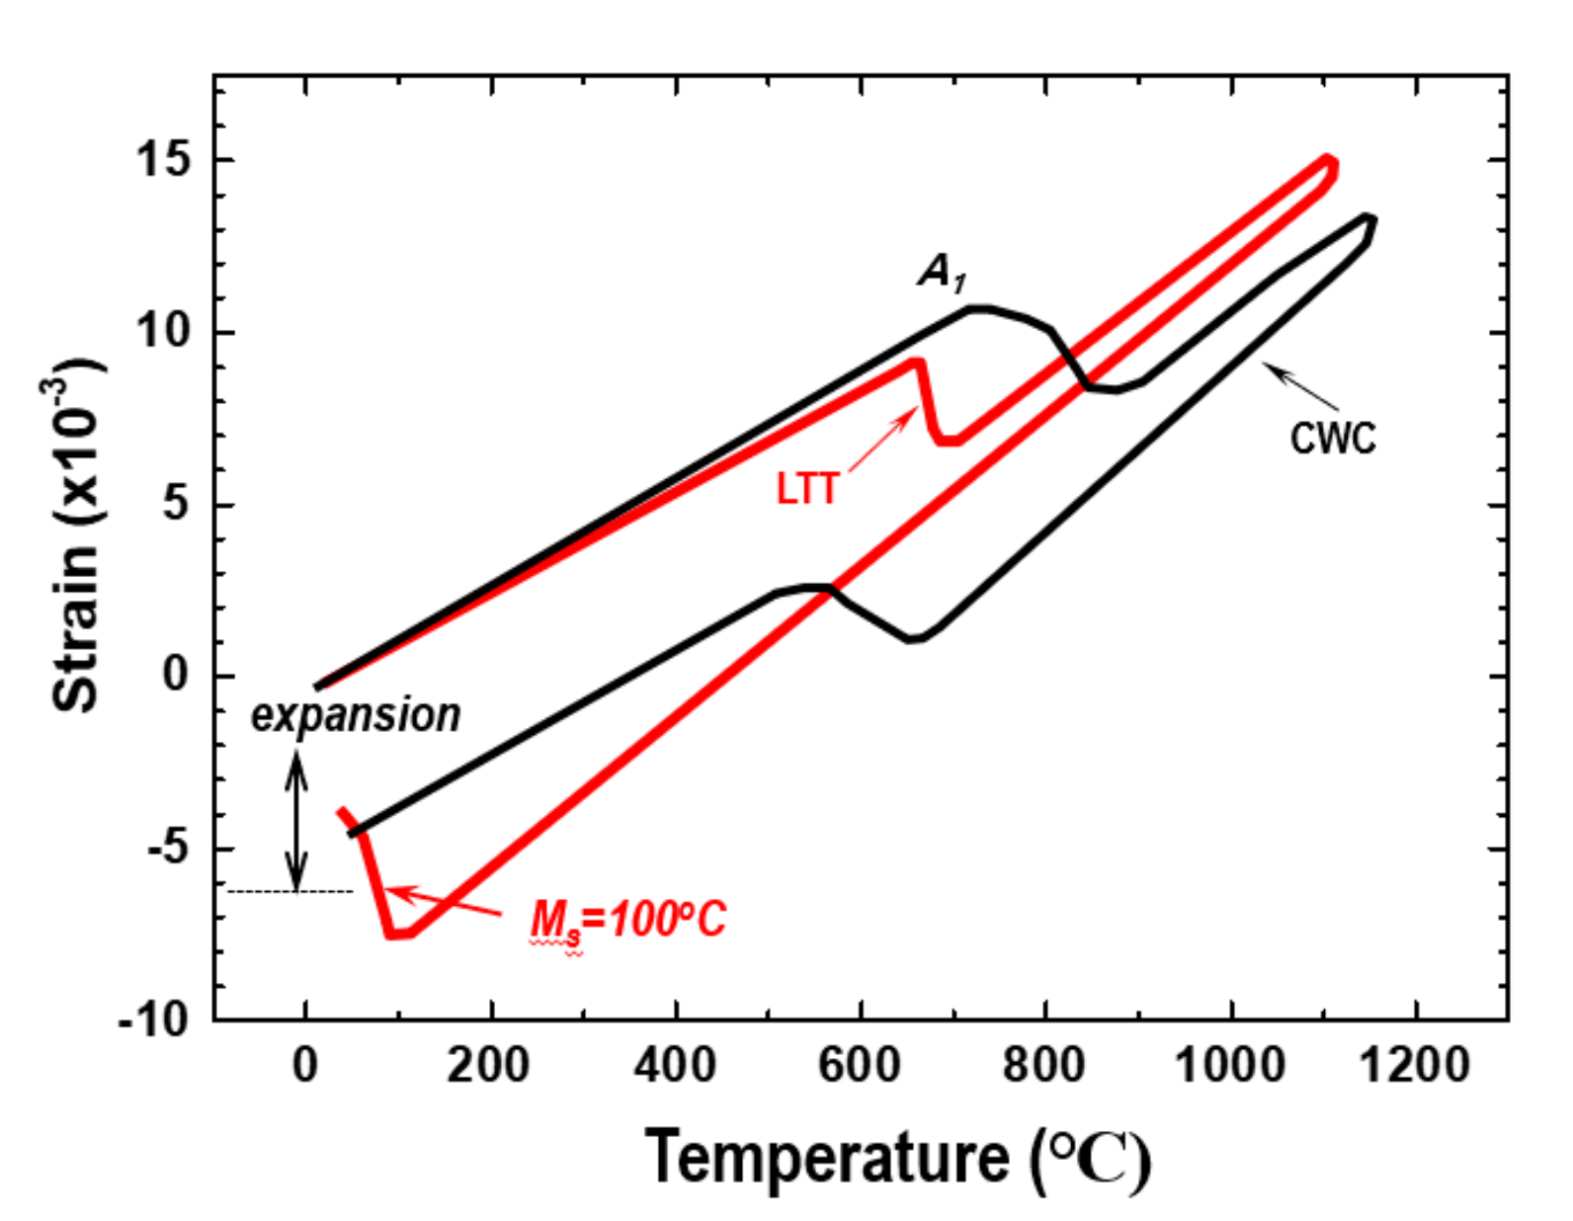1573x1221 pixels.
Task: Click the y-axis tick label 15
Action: [163, 160]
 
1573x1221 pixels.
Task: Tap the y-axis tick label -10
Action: [154, 1018]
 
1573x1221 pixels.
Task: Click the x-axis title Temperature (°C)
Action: [897, 1158]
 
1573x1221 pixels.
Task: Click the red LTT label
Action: [807, 489]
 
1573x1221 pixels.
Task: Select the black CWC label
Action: [1332, 438]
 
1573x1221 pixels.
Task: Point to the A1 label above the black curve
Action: [942, 272]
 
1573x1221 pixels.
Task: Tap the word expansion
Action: [356, 715]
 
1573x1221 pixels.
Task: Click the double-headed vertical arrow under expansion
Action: [296, 820]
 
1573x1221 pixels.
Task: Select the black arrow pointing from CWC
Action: [1302, 387]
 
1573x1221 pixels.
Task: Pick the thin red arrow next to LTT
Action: [882, 443]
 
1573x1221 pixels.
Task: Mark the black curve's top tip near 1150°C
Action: [1368, 219]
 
